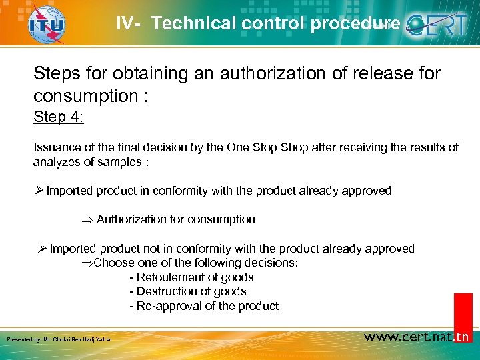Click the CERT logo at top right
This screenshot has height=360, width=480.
[x=438, y=25]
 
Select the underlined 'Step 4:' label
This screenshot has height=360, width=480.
[x=59, y=117]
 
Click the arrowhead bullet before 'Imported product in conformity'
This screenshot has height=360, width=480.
[x=39, y=191]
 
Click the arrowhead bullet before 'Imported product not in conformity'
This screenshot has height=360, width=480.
[x=42, y=249]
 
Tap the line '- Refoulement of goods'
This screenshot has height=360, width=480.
[x=191, y=277]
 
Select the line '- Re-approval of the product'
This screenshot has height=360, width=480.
[x=203, y=306]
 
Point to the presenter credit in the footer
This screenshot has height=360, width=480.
[x=58, y=340]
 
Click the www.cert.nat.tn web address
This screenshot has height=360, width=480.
[x=417, y=337]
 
